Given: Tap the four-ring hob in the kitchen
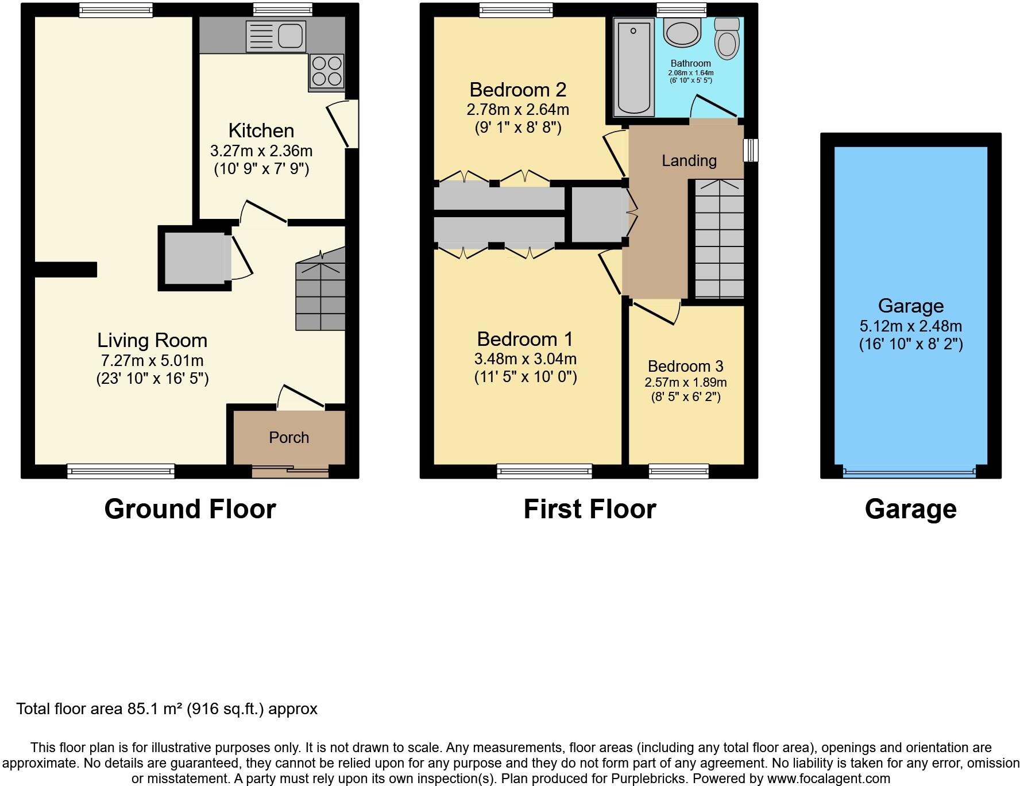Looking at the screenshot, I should tap(326, 71).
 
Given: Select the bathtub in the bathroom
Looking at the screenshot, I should tap(633, 67).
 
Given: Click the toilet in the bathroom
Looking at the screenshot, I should tap(728, 39).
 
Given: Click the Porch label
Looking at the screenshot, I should tap(289, 438).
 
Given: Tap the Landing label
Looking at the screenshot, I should tap(689, 161).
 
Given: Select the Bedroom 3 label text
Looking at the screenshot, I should tap(685, 366).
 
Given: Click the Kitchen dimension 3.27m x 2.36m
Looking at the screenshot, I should tap(261, 151).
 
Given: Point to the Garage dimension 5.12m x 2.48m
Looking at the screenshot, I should tap(910, 326).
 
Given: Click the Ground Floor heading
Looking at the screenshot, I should tap(190, 509).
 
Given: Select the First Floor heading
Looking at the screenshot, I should tap(589, 509).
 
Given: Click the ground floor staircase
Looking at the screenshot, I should tap(320, 296).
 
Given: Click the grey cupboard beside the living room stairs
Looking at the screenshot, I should tap(195, 258).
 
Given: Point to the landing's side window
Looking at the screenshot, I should tap(750, 150).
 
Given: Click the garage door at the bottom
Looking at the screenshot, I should tap(909, 472).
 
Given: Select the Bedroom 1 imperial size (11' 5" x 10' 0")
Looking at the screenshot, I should tap(525, 377).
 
